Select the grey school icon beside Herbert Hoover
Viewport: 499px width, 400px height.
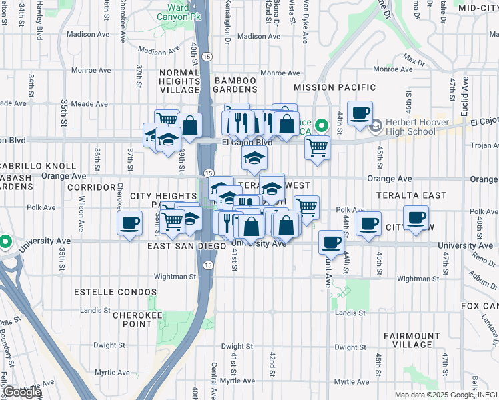375,125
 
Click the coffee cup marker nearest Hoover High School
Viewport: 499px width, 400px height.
360,113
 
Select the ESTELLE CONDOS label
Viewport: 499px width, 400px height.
115,292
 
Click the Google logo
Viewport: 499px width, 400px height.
21,392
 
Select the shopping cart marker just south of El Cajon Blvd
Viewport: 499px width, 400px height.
318,147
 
